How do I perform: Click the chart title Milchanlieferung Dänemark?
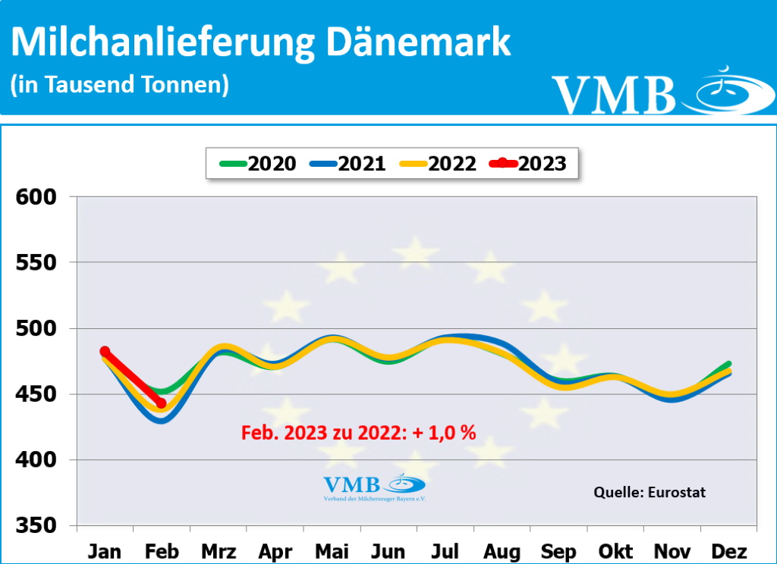(x=260, y=43)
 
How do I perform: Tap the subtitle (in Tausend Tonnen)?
(x=120, y=84)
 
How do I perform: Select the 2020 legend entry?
(x=258, y=163)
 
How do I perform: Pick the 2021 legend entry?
(x=348, y=163)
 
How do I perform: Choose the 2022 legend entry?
(x=439, y=163)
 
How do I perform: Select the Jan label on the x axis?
(x=105, y=550)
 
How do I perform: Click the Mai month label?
(x=332, y=550)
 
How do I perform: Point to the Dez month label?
(x=729, y=550)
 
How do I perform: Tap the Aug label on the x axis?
(x=502, y=550)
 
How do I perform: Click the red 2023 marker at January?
(x=105, y=351)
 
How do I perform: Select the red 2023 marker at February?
(x=161, y=403)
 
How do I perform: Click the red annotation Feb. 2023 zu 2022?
(x=358, y=433)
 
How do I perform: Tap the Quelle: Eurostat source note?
(x=649, y=492)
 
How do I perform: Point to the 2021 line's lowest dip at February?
(x=161, y=420)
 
